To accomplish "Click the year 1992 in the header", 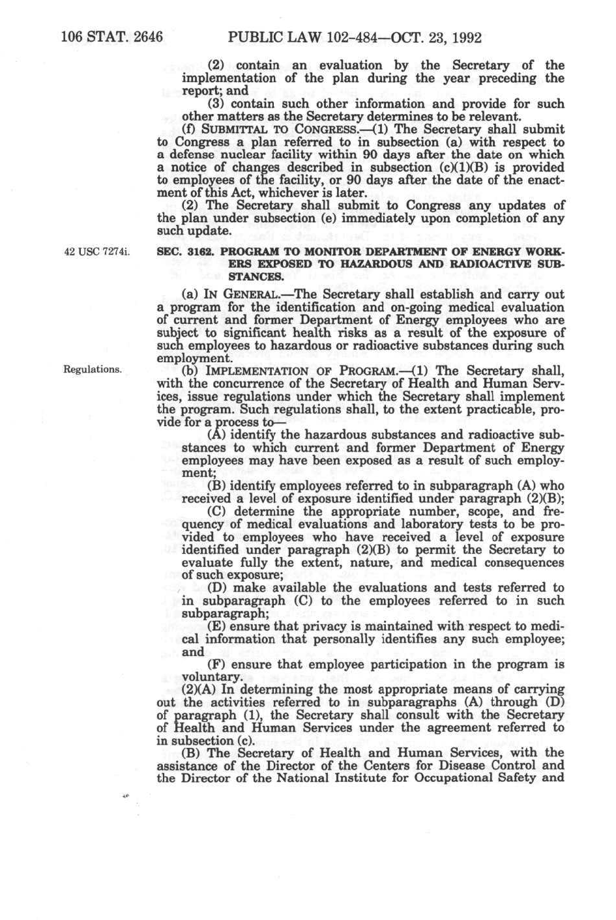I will [464, 37].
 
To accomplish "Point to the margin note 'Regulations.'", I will [92, 369].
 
